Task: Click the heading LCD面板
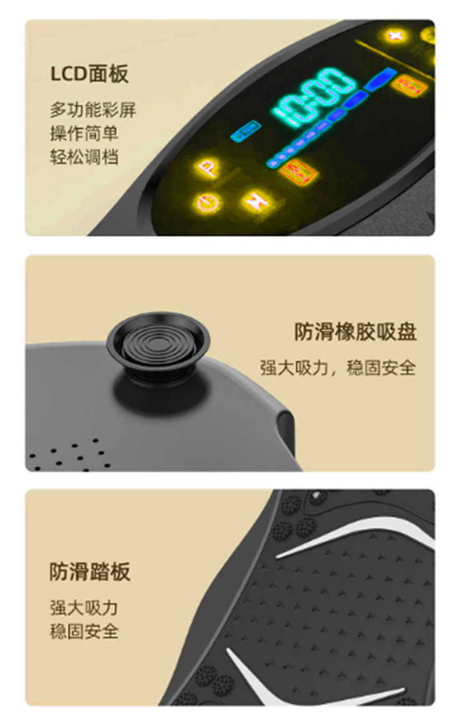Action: coord(89,74)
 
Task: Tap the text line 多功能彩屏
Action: coord(93,110)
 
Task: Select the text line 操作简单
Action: coord(84,134)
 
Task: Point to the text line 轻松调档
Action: coord(84,157)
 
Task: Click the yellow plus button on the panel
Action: coord(395,36)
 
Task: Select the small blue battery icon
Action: coord(245,131)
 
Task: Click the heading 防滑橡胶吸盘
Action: coord(356,332)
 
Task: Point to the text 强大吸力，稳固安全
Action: coord(338,368)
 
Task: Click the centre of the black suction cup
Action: coord(158,343)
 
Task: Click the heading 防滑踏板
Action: coord(90,571)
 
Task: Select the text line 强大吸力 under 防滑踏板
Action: coord(84,608)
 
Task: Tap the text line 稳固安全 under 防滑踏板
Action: coord(84,631)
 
